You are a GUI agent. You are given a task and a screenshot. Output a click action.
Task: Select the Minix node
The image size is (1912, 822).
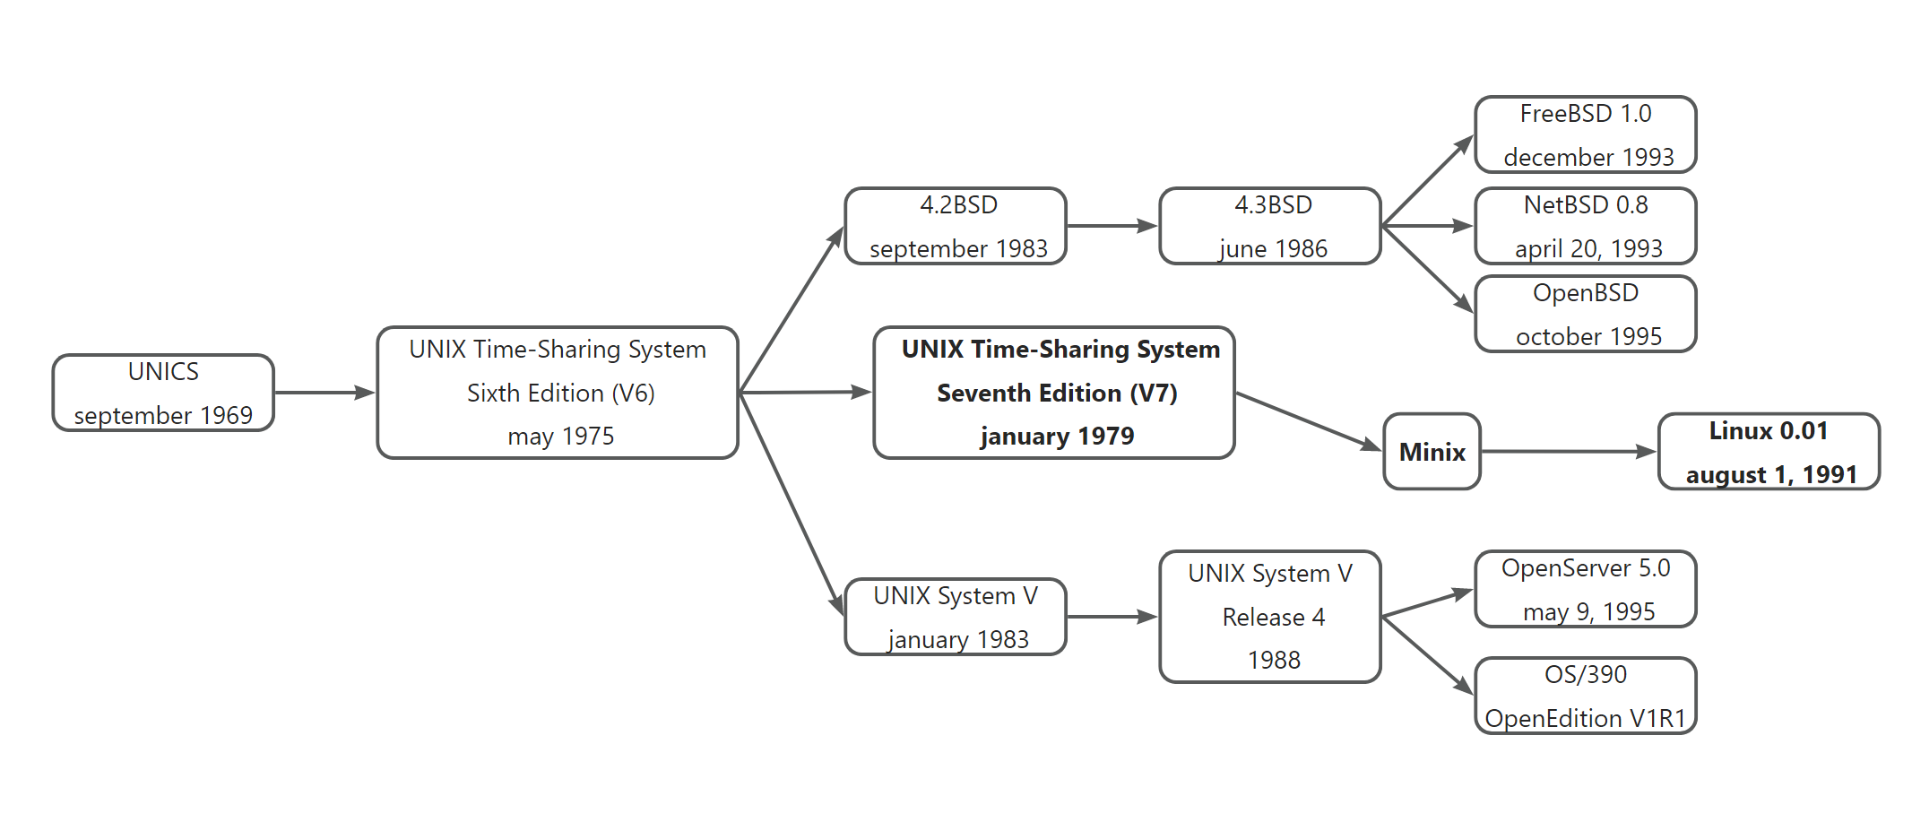(1432, 452)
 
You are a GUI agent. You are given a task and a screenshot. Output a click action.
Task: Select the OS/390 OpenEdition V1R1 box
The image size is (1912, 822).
(1585, 696)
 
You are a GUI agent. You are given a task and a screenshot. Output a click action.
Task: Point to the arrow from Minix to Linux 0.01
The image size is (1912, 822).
(1569, 452)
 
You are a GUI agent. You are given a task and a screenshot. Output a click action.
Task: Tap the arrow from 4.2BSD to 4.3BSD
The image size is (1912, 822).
(1112, 226)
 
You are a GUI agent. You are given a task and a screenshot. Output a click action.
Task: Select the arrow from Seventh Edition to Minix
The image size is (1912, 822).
(1308, 420)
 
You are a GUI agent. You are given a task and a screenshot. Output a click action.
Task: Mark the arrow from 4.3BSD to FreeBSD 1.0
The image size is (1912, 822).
(1427, 180)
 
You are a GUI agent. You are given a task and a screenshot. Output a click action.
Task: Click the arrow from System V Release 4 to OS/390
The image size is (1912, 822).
(1427, 655)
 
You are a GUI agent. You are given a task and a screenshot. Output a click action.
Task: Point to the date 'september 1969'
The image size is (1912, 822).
(163, 415)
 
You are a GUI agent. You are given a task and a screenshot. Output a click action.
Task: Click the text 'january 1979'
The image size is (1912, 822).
(1057, 437)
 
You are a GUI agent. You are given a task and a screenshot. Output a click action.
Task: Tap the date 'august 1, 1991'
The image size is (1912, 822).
(1771, 474)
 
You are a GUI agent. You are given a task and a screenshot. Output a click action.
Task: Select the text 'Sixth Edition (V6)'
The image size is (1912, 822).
(561, 393)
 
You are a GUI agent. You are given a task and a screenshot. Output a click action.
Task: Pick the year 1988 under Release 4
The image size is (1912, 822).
(1274, 661)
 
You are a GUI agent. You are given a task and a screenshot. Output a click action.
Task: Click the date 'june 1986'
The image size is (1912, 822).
(1273, 248)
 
